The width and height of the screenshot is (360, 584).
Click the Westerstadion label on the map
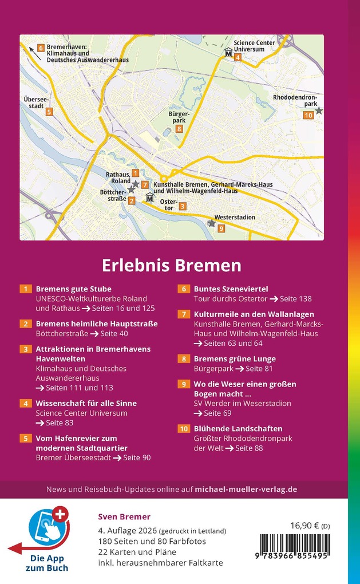pos(235,218)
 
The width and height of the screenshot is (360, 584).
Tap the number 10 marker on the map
pos(308,115)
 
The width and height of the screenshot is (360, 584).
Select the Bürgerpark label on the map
pos(178,117)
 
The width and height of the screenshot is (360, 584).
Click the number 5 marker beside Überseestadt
pos(49,112)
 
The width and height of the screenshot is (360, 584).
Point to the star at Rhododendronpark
pos(319,111)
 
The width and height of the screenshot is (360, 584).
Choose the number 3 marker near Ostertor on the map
pos(183,206)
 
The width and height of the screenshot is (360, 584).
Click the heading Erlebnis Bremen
pos(172,266)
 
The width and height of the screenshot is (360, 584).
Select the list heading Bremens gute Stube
pos(74,289)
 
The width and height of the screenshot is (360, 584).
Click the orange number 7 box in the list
pos(184,314)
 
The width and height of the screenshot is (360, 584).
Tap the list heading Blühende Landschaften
pos(238,428)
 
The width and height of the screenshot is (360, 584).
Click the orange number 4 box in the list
pos(26,404)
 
